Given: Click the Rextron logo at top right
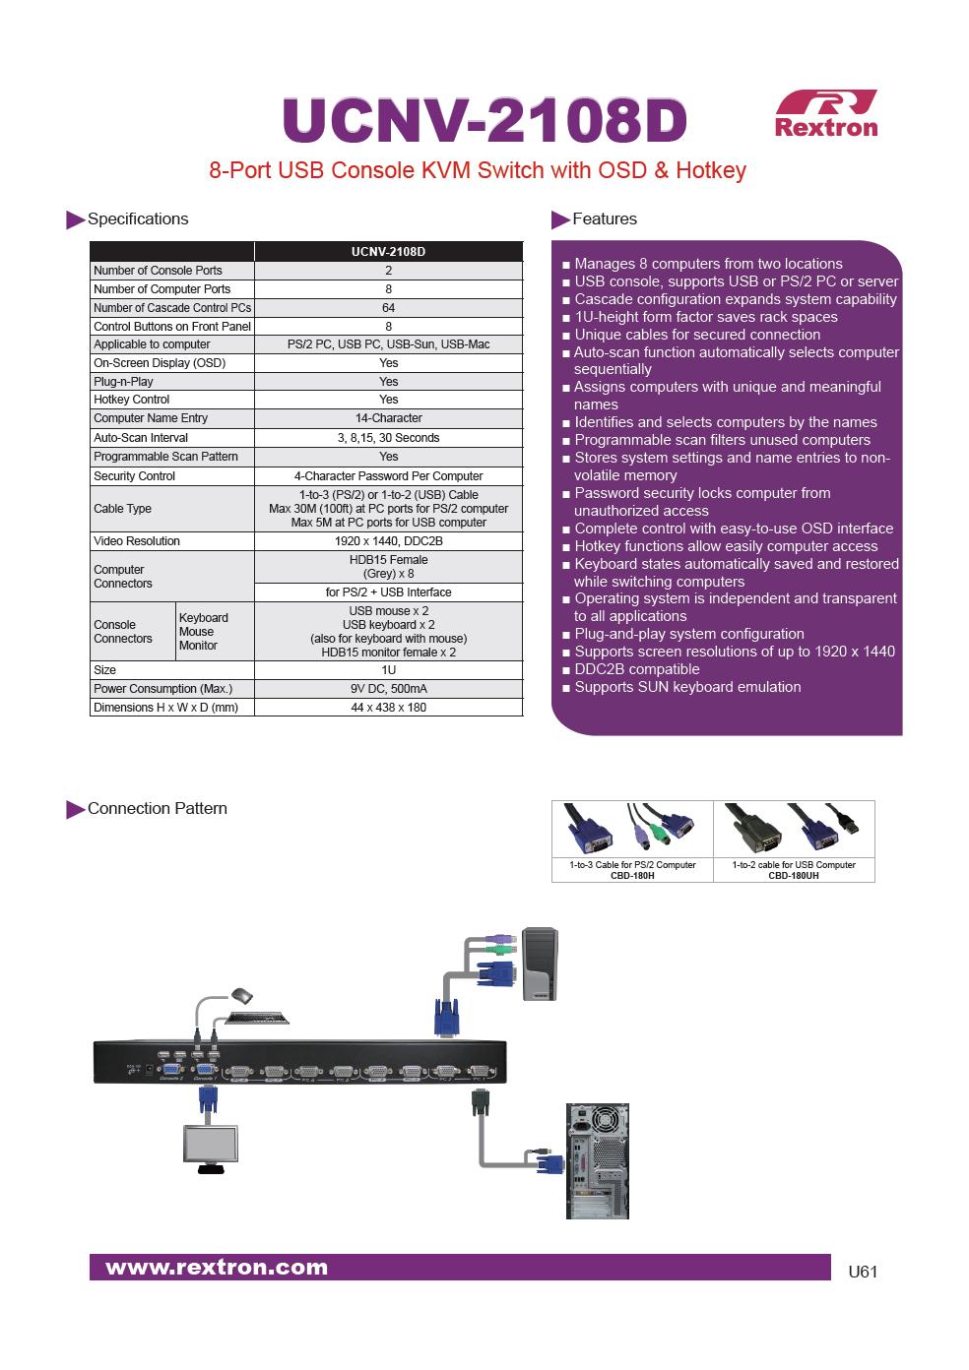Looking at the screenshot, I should pos(825,113).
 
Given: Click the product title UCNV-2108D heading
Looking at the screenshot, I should pos(484,122).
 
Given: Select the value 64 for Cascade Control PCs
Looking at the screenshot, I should pos(388,308).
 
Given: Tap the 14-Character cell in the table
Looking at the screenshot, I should pos(388,418).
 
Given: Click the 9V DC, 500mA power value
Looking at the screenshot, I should pos(388,689).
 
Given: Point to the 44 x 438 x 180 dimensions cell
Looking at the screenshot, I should pos(388,708).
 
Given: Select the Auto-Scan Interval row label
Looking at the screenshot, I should pos(141,438).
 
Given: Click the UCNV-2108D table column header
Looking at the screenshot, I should pos(388,252).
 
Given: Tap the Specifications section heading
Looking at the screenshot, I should pos(137,218).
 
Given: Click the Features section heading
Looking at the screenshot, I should pos(604,218).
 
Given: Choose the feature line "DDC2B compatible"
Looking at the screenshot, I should pos(636,669).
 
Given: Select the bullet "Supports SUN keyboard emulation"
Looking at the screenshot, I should pos(687,687).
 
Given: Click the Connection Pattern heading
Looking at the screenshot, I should pos(157,808).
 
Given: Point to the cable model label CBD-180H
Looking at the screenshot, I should pos(632,875).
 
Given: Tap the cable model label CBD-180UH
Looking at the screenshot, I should pos(794,875).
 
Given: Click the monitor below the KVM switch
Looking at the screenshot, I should pos(210,1146).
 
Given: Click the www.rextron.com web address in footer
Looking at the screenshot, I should pos(217,1268).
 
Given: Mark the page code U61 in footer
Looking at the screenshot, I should pos(862,1272).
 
